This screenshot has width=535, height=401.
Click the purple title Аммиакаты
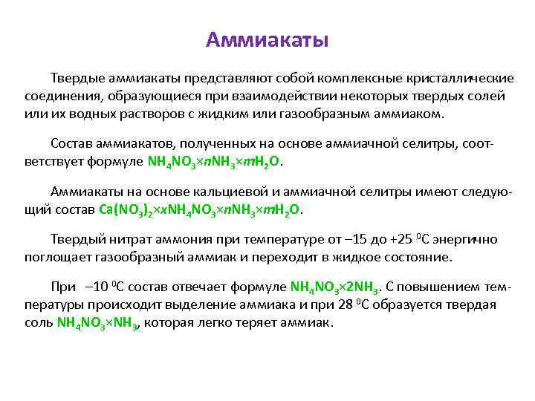click(x=267, y=39)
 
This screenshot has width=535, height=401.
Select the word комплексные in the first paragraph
click(x=357, y=78)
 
